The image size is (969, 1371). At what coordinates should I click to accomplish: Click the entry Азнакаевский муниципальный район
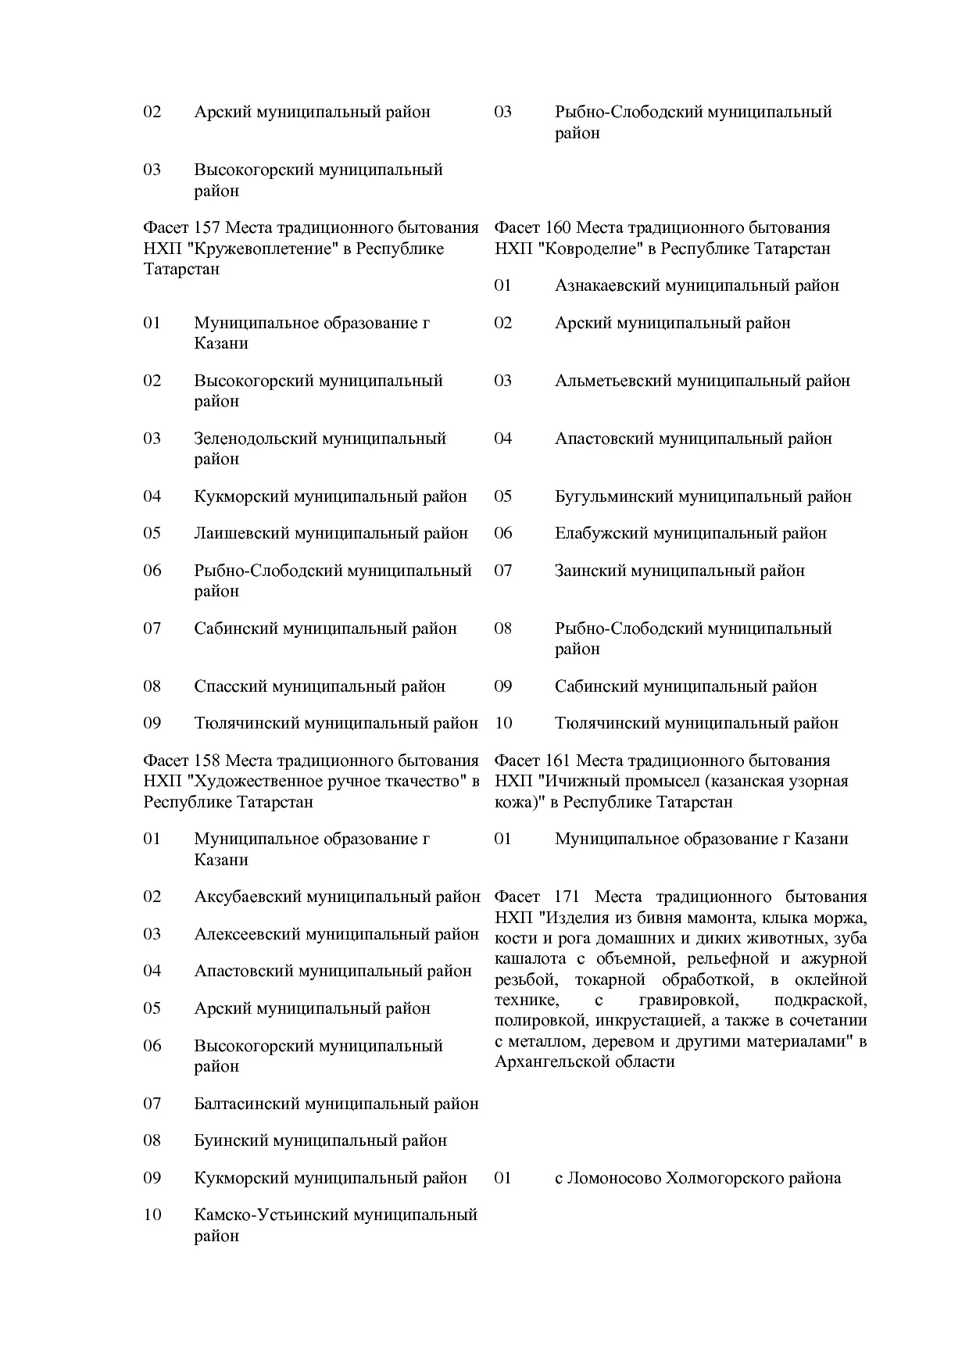pyautogui.click(x=696, y=286)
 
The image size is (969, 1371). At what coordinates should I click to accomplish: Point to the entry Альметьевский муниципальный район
pyautogui.click(x=702, y=381)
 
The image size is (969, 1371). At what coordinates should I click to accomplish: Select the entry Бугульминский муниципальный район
pyautogui.click(x=703, y=497)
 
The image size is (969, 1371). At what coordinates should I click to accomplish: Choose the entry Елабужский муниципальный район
pyautogui.click(x=690, y=534)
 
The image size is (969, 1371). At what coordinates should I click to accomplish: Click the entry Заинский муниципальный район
pyautogui.click(x=679, y=571)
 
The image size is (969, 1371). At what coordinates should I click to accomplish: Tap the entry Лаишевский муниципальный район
pyautogui.click(x=331, y=534)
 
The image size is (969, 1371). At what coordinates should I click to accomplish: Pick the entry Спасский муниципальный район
pyautogui.click(x=320, y=687)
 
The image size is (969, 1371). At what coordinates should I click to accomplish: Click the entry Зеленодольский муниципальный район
pyautogui.click(x=320, y=449)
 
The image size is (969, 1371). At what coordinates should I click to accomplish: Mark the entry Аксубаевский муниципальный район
pyautogui.click(x=337, y=897)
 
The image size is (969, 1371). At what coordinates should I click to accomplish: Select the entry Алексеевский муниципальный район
pyautogui.click(x=336, y=935)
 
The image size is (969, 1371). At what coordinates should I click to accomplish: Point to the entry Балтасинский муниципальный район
pyautogui.click(x=336, y=1104)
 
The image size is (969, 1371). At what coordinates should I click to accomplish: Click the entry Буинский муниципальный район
pyautogui.click(x=320, y=1141)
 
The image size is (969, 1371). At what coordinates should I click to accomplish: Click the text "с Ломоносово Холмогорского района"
pyautogui.click(x=697, y=1179)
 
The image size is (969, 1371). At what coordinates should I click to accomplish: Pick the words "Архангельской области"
pyautogui.click(x=584, y=1062)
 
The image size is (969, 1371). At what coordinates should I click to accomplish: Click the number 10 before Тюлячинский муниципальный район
pyautogui.click(x=503, y=724)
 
